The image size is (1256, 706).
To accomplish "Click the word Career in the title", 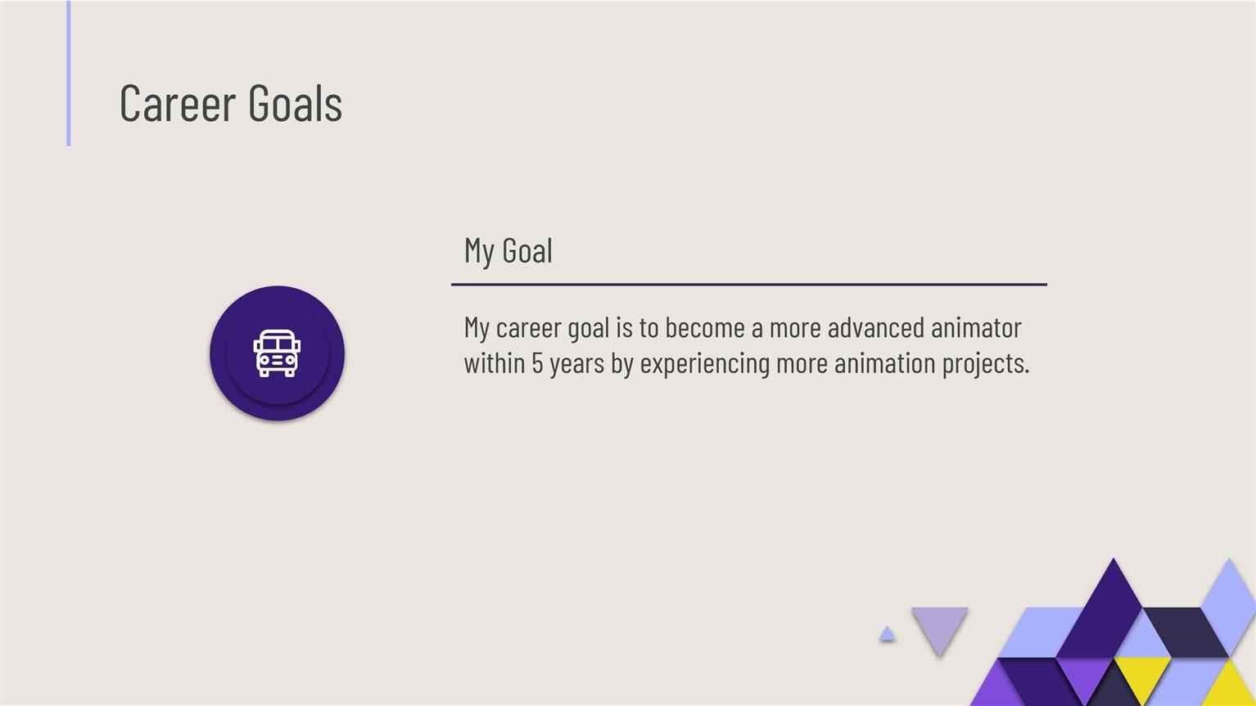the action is pyautogui.click(x=177, y=102).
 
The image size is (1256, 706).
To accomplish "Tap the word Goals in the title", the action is pyautogui.click(x=295, y=102).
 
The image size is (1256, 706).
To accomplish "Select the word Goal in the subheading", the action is pyautogui.click(x=527, y=250).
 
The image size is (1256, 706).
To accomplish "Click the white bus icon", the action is pyautogui.click(x=277, y=353).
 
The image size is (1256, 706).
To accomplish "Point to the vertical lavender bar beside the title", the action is pyautogui.click(x=69, y=73).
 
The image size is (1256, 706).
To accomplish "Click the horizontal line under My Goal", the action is pyautogui.click(x=749, y=285).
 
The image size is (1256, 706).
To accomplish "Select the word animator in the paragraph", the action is pyautogui.click(x=976, y=327).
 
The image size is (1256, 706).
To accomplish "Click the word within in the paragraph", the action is pyautogui.click(x=495, y=362).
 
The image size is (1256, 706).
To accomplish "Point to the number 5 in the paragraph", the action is pyautogui.click(x=537, y=363).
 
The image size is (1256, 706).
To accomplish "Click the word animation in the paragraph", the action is pyautogui.click(x=885, y=362).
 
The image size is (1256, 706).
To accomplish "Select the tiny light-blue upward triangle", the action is pyautogui.click(x=887, y=634).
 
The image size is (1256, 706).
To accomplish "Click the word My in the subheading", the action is pyautogui.click(x=480, y=252).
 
